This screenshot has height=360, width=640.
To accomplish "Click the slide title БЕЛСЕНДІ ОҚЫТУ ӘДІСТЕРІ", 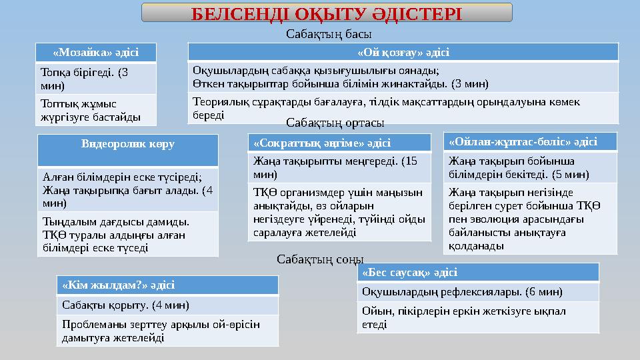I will (327, 13).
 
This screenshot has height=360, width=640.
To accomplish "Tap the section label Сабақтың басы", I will (329, 33).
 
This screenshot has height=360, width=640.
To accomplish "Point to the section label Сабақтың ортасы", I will (335, 123).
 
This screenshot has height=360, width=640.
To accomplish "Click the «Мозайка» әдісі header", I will (96, 52).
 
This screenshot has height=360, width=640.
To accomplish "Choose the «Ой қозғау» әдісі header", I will (403, 52).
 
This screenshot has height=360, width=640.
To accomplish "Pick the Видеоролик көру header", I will (128, 144).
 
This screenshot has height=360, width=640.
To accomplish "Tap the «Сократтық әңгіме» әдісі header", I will (339, 143).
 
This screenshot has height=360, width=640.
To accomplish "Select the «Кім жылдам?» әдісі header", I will (167, 285).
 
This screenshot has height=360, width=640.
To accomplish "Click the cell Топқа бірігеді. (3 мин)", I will (96, 79).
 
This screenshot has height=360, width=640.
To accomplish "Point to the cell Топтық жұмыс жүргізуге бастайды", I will (96, 110).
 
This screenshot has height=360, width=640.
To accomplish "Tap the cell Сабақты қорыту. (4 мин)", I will (167, 305).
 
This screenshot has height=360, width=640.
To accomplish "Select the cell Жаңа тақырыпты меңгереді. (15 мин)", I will (339, 167).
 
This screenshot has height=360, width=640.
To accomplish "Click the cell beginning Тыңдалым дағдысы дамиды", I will (128, 234).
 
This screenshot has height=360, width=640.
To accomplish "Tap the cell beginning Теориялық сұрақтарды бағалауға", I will (403, 108).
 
